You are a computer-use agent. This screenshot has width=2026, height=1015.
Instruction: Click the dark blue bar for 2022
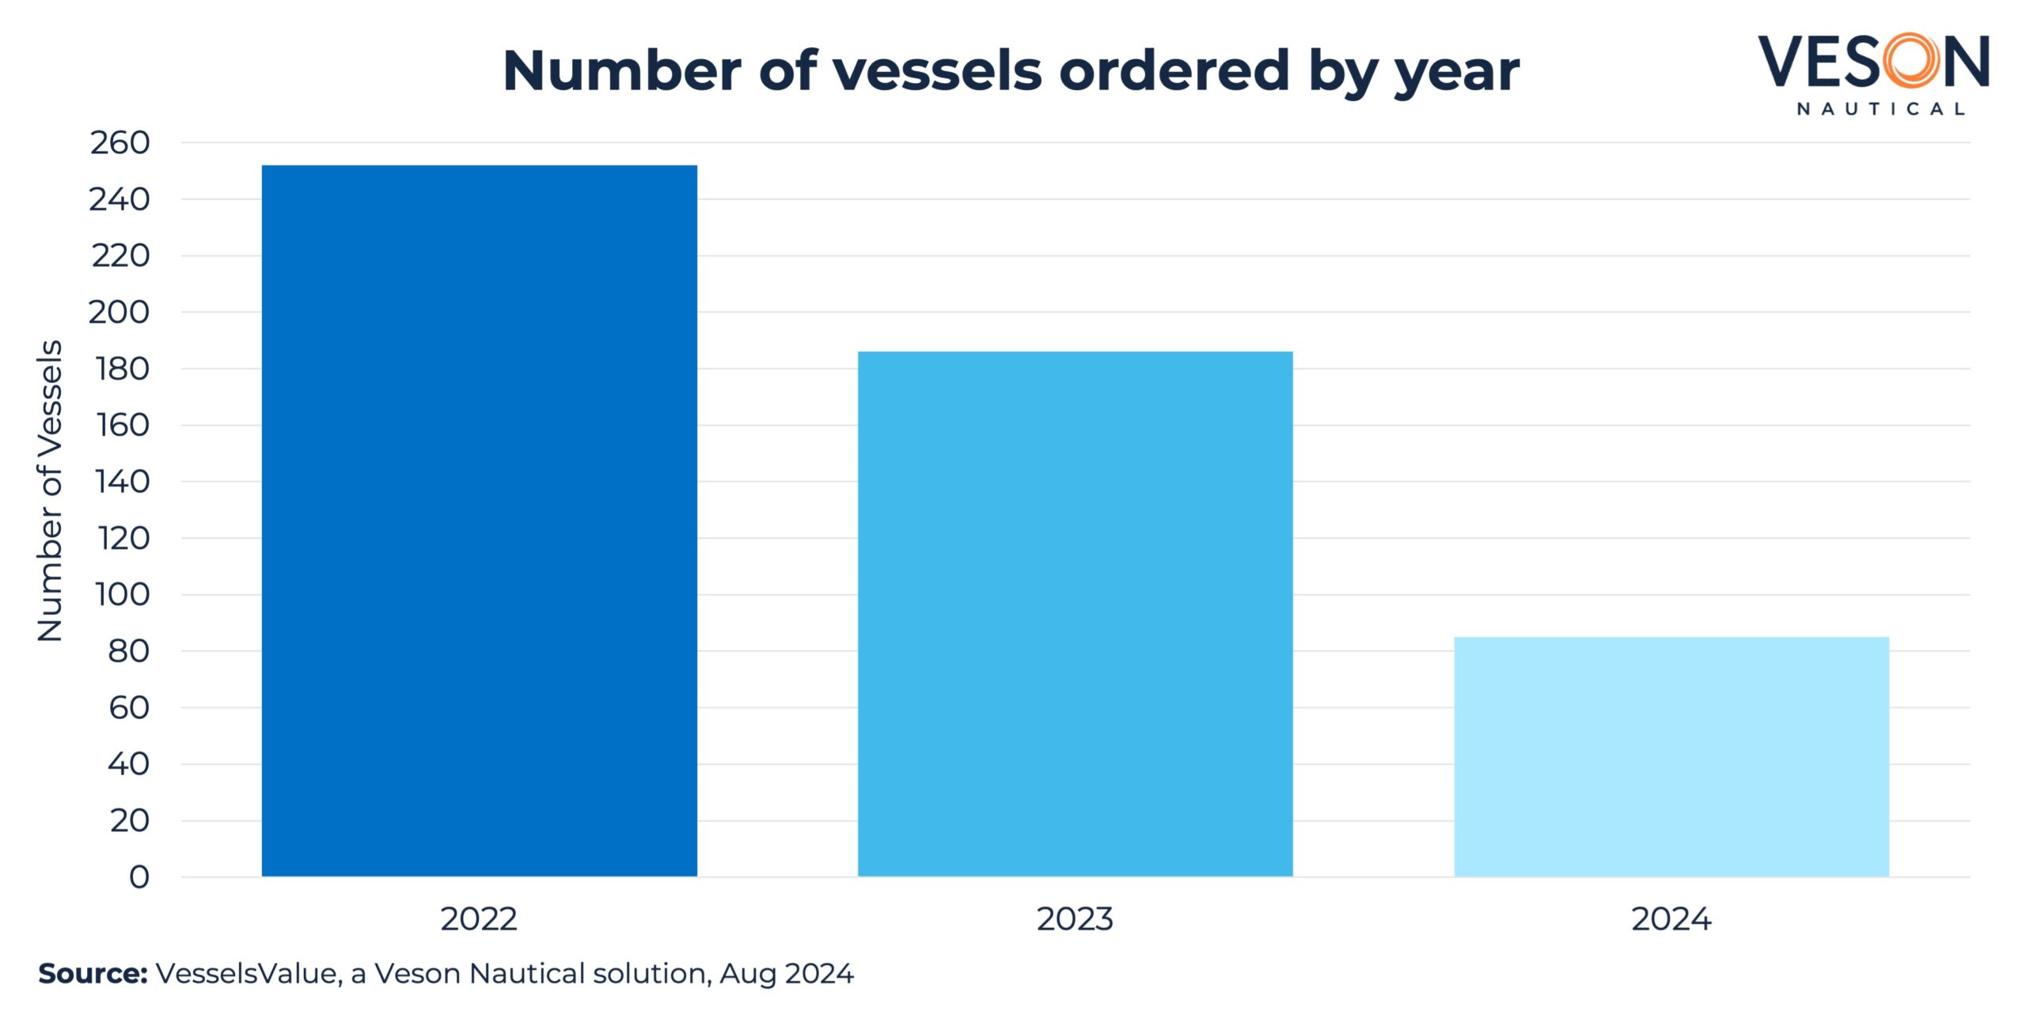tap(479, 521)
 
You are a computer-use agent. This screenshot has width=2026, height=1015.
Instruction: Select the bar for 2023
tap(1075, 614)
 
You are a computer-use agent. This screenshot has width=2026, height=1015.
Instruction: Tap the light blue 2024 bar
tap(1671, 756)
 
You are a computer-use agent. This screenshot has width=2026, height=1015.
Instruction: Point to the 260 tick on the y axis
tap(120, 143)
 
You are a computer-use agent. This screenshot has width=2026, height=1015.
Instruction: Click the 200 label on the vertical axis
tap(119, 312)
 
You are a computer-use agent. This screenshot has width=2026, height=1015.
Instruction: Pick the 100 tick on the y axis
tap(122, 594)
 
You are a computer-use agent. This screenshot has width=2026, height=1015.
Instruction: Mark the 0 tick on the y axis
tap(139, 877)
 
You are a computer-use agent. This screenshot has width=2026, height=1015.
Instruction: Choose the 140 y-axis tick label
tap(122, 481)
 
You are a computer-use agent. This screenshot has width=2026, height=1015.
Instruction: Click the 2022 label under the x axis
tap(479, 919)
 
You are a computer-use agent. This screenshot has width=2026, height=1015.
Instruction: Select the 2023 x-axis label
tap(1075, 919)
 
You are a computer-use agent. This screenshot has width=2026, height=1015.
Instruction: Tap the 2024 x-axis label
tap(1671, 919)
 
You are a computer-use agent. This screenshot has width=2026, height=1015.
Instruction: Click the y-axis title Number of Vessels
tap(50, 490)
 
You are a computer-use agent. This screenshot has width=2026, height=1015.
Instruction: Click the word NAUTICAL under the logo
tap(1880, 109)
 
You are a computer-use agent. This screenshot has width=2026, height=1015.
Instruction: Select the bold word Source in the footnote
tap(93, 973)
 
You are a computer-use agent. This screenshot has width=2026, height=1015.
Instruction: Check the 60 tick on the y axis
tap(129, 707)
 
